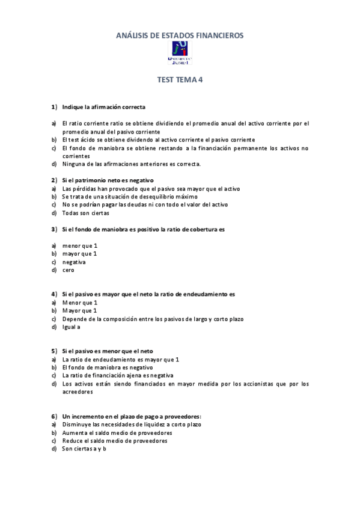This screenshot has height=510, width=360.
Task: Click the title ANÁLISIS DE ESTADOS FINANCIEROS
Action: (180, 36)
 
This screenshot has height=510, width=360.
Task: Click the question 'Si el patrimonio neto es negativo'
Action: (108, 180)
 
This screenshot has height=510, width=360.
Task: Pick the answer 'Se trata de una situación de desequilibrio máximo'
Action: (129, 197)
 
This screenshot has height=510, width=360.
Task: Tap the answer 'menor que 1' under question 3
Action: (79, 245)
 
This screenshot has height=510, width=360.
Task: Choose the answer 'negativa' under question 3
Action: (74, 262)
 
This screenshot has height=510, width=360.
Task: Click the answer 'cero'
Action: (68, 270)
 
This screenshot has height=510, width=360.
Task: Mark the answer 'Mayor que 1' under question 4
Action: (79, 310)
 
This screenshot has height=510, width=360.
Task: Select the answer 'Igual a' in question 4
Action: (71, 327)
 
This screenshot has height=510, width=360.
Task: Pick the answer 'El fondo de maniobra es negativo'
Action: (107, 367)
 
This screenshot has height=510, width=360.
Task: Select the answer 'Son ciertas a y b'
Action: (84, 449)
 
